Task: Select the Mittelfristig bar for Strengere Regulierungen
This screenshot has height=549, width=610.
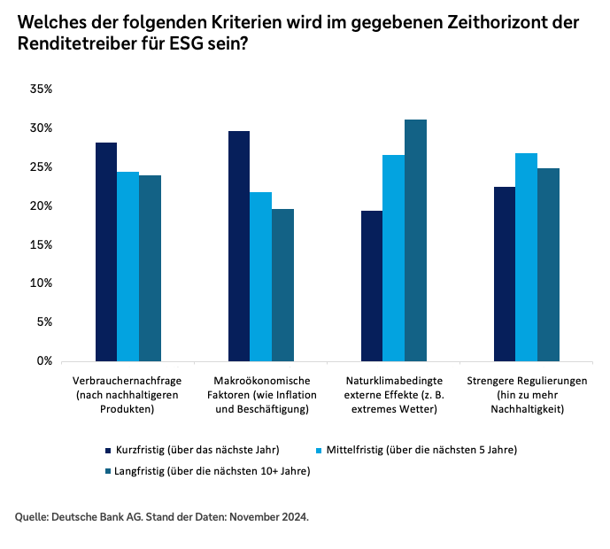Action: pos(527,257)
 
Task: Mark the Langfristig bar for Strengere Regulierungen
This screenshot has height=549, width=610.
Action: pos(549,265)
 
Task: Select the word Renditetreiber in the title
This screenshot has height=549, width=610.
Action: pos(71,42)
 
